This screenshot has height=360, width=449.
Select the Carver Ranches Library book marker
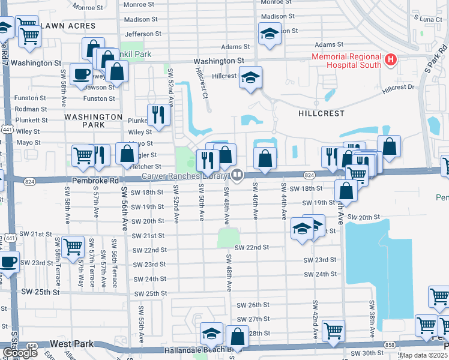coord(237,175)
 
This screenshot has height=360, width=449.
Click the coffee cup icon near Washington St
coord(81,75)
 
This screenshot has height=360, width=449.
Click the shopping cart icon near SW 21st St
coord(73,245)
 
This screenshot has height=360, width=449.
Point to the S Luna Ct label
coord(428,20)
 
